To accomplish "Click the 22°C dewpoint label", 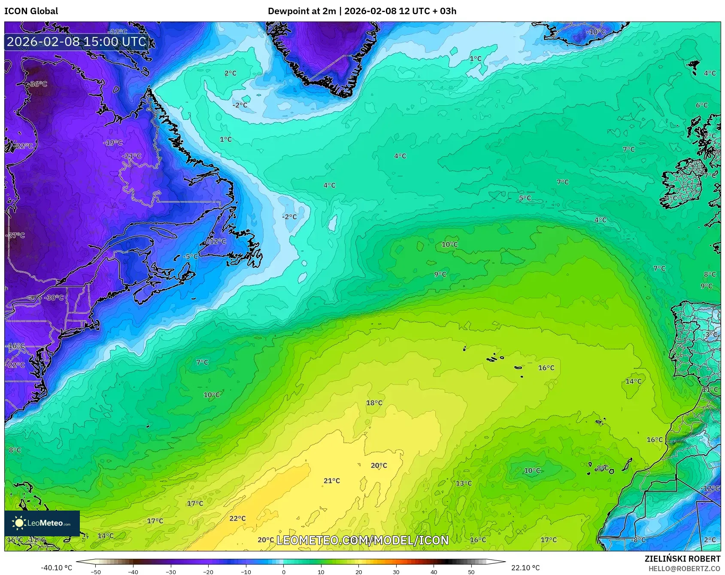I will point(237,518).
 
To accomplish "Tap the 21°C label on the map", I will point(332,480).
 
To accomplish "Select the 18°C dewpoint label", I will point(374,403).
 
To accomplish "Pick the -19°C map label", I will point(113,142).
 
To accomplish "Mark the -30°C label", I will point(54,297).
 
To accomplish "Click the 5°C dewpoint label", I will point(525,198).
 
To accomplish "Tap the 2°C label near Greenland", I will point(231,73).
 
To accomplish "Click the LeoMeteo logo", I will point(42,523).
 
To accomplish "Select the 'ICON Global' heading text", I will point(31,11).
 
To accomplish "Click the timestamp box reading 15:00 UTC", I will point(77,42).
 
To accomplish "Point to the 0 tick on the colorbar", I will point(283,572).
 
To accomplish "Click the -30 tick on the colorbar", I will point(171,572).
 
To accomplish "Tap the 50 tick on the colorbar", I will point(471,572).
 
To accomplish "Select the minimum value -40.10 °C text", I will point(56,568).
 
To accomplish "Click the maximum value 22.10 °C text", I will point(525,568).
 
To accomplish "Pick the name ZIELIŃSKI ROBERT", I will point(682,559).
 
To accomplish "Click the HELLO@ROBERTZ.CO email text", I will point(684,569).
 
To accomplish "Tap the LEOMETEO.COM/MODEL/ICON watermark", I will point(363,540).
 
